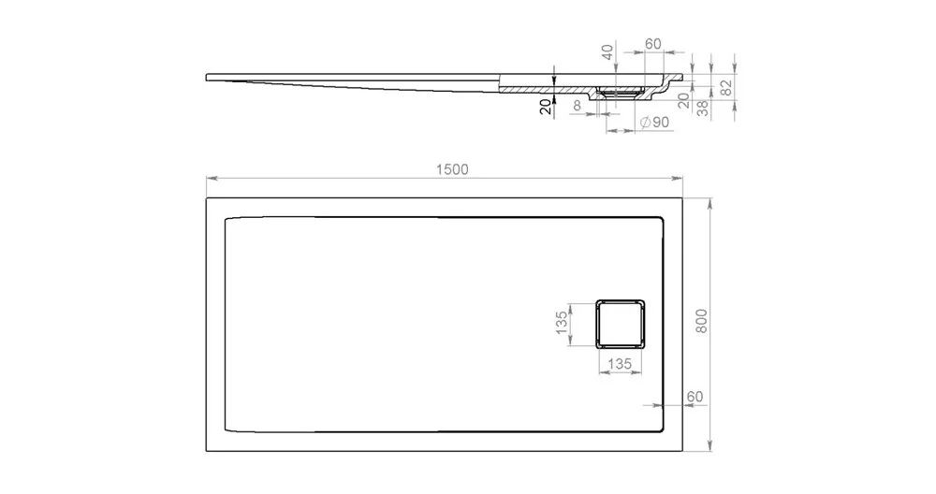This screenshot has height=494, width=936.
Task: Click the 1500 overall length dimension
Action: [452, 170]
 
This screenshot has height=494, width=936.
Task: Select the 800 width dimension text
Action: [701, 322]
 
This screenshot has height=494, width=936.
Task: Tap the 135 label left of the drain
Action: [562, 323]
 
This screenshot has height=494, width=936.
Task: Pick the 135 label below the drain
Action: [620, 363]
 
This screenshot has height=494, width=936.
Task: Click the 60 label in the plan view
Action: [695, 397]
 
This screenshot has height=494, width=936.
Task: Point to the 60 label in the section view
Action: [653, 44]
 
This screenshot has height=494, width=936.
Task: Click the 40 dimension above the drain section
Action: [607, 51]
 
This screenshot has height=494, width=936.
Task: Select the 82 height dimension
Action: [726, 88]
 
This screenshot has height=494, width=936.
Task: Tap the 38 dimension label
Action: [703, 108]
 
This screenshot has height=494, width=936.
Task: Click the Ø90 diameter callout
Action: [654, 123]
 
